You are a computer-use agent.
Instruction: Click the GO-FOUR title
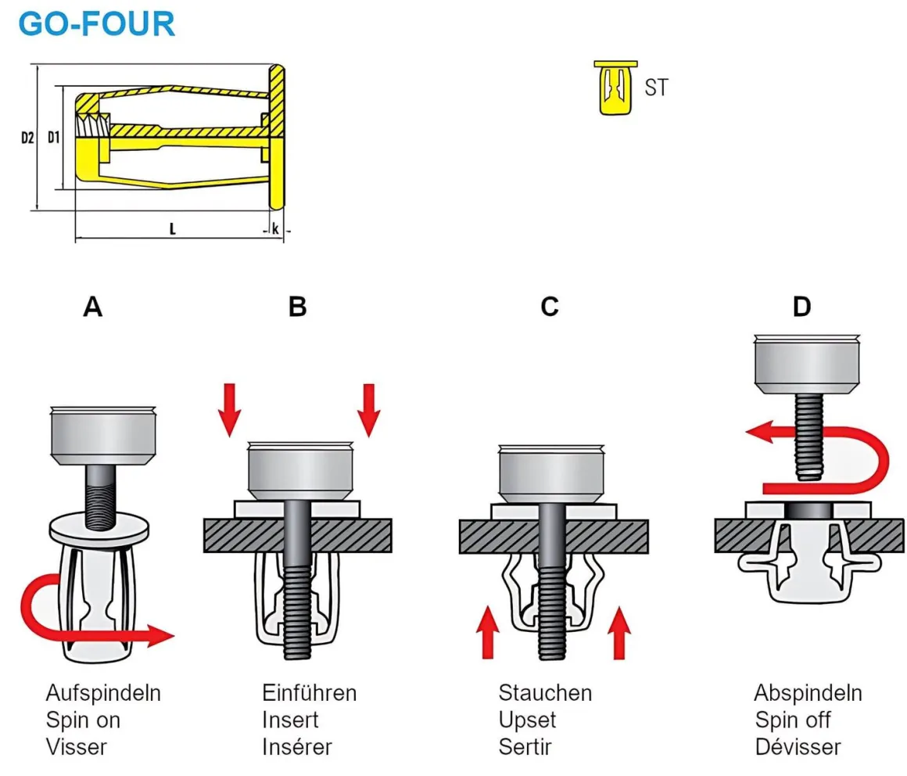click(x=96, y=24)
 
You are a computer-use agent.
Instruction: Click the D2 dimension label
click(x=27, y=138)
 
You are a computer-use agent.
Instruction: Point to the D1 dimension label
click(x=53, y=138)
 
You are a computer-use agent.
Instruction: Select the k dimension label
click(x=276, y=229)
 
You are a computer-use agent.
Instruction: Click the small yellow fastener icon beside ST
click(x=615, y=88)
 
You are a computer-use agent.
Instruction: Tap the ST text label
click(x=656, y=88)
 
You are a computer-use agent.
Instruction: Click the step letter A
click(x=93, y=307)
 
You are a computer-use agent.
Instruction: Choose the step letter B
click(x=297, y=307)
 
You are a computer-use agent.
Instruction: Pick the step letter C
click(x=550, y=307)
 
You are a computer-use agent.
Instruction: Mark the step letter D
click(x=801, y=307)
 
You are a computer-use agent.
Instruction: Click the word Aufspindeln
click(x=103, y=693)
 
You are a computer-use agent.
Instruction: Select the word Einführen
click(x=309, y=693)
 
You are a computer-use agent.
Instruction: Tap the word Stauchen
click(x=545, y=693)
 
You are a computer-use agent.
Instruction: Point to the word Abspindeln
click(x=808, y=693)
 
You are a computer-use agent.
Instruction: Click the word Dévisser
click(x=798, y=746)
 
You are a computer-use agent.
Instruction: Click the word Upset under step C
click(x=527, y=720)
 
